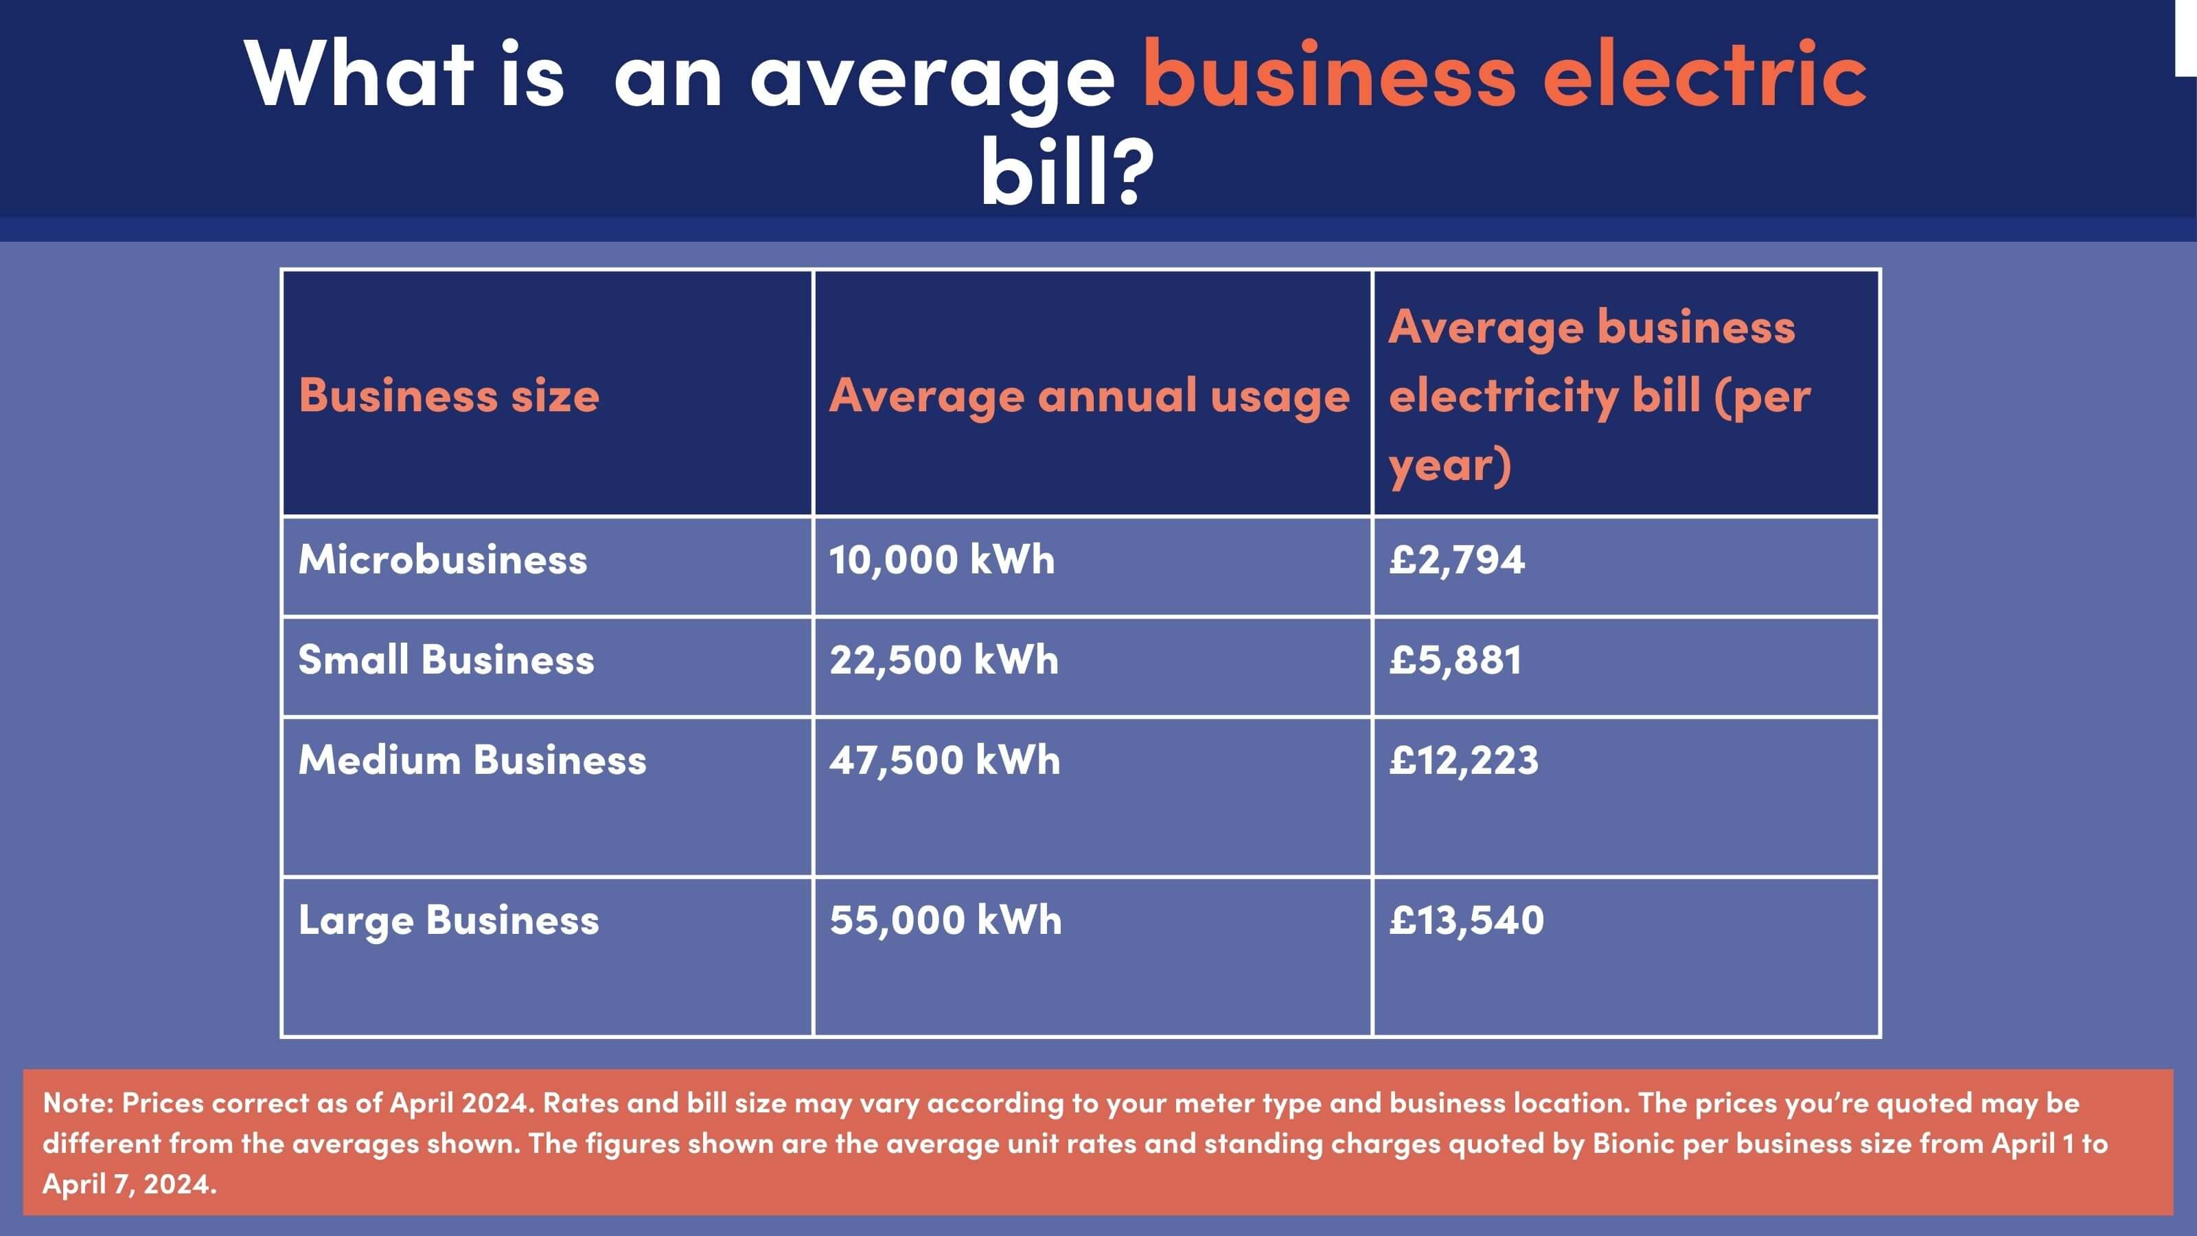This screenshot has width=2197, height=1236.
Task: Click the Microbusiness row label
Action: click(x=443, y=560)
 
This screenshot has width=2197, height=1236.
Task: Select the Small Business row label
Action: click(x=446, y=660)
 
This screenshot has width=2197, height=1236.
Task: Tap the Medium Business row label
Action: click(x=472, y=760)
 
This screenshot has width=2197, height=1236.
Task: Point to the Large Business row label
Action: click(x=448, y=920)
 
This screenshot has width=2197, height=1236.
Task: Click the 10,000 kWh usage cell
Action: click(x=941, y=560)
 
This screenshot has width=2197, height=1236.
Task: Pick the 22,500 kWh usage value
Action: click(x=944, y=660)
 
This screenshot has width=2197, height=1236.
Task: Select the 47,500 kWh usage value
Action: click(x=945, y=760)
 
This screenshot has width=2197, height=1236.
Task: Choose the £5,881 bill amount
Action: click(x=1455, y=660)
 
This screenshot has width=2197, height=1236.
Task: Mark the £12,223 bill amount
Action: click(x=1464, y=760)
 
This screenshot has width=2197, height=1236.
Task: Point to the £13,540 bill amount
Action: click(x=1466, y=920)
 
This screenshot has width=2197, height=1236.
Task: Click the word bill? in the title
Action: click(x=1067, y=172)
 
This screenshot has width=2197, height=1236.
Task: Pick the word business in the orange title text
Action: click(x=1328, y=75)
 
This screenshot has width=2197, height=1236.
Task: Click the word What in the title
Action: click(x=359, y=75)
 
